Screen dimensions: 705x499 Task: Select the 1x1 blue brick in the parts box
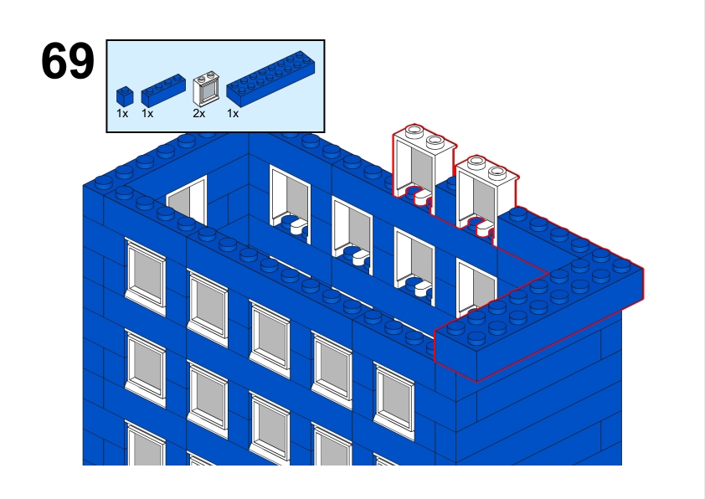coord(125,96)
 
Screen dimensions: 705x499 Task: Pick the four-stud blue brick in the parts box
coord(163,90)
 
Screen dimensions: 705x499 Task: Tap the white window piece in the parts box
coord(204,89)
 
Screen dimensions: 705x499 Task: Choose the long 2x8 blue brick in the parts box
coord(270,80)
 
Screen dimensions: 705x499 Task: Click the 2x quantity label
coord(198,114)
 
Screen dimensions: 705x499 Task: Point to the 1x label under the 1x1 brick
coord(122,114)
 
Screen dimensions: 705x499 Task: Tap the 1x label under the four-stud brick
coord(147,114)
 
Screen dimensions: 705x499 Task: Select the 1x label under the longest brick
coord(233,114)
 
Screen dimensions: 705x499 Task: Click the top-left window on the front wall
coord(146,277)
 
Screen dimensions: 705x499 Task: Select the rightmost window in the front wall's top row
coord(394,401)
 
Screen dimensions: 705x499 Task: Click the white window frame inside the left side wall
coord(187,200)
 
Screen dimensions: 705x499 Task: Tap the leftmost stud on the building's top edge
coord(103,183)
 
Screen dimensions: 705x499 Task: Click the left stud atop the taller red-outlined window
coord(414,131)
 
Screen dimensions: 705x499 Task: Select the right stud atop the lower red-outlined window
coord(497,172)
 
